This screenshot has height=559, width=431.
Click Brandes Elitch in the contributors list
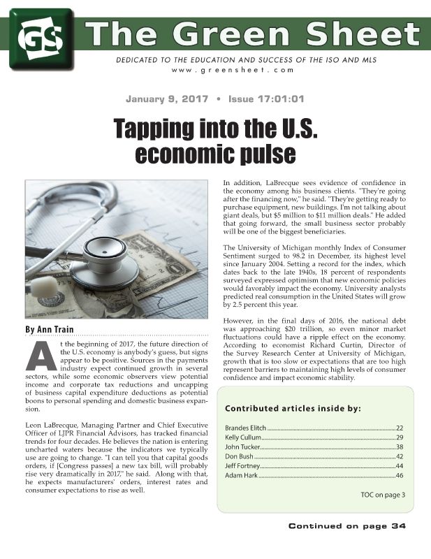(x=245, y=427)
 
